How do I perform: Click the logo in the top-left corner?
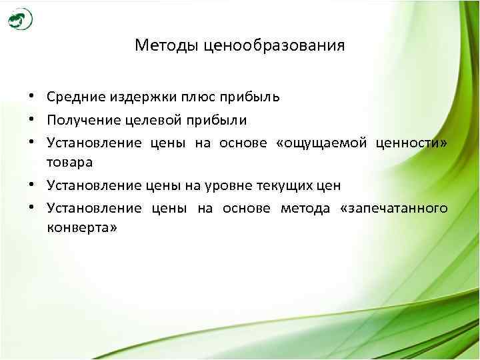click(x=20, y=20)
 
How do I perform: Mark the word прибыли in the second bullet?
click(x=217, y=120)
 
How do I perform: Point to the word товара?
click(x=70, y=162)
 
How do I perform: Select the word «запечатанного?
click(x=394, y=208)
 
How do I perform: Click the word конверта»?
click(x=83, y=227)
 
